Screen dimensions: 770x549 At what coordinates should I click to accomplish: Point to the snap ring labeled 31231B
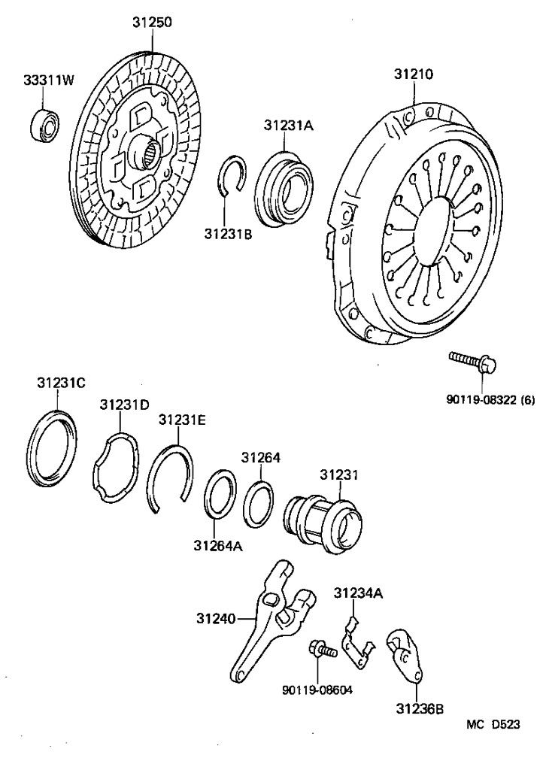234,182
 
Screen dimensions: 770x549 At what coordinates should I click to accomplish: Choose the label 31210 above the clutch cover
414,74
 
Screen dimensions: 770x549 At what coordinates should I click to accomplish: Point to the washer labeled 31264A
220,494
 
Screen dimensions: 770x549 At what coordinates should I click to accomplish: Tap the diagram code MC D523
493,725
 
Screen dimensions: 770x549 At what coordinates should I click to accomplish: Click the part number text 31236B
420,708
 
